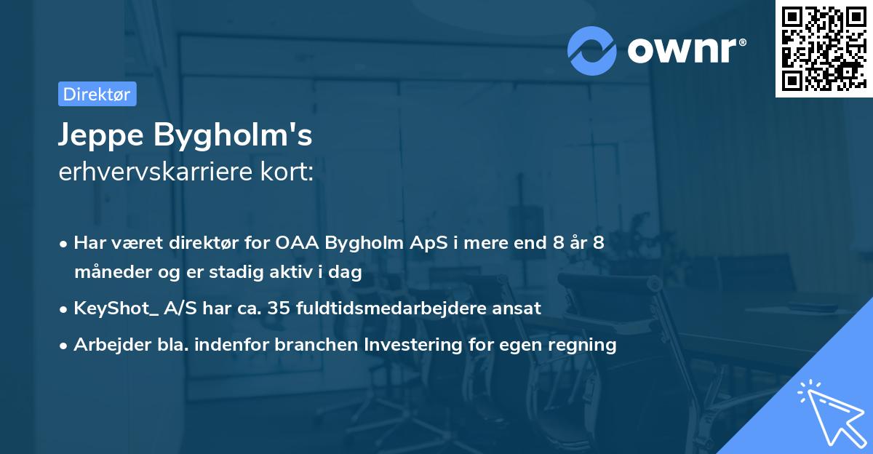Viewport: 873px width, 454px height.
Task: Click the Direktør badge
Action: click(x=97, y=94)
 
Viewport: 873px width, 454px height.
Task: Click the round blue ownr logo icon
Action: click(x=592, y=50)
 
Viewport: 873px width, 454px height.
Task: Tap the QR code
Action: click(x=821, y=47)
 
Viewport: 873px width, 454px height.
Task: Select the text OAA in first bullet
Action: click(x=295, y=243)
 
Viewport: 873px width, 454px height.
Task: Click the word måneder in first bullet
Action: click(x=110, y=272)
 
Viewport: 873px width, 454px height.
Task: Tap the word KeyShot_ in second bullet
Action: click(x=111, y=308)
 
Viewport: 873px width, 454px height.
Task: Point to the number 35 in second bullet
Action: click(x=279, y=308)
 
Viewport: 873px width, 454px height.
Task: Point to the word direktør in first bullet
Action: click(x=206, y=243)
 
